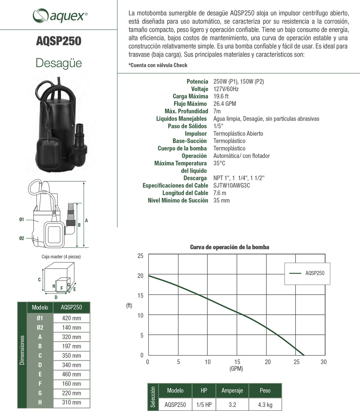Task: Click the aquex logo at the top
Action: [x=60, y=15]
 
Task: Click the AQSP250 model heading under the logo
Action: [x=59, y=41]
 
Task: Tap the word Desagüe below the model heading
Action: [x=59, y=63]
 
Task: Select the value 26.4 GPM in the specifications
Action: [x=224, y=104]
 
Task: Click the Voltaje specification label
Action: [x=199, y=89]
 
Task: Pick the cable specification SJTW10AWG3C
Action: [x=232, y=185]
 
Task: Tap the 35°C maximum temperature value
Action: [x=219, y=163]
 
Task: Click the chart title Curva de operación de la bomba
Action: [x=229, y=247]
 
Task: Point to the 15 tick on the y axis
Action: [x=141, y=295]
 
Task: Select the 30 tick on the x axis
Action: [x=323, y=362]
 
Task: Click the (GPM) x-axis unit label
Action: [x=236, y=369]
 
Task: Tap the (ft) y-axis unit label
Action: [x=129, y=305]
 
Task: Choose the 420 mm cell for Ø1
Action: [x=71, y=318]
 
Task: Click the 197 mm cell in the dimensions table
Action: [x=71, y=346]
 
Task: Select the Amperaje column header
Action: [x=232, y=391]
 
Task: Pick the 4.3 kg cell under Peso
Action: [x=265, y=405]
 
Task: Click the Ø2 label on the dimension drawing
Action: [x=22, y=238]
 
